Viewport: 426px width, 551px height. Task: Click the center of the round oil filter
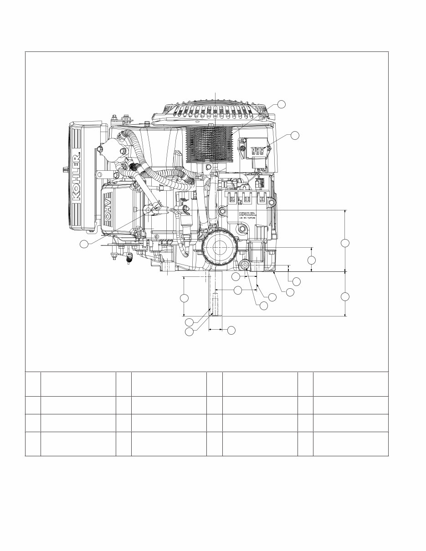pos(220,247)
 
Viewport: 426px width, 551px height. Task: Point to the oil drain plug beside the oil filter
pos(245,265)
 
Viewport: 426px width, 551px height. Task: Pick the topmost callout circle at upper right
pos(282,104)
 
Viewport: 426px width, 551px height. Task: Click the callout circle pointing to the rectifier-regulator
pos(295,135)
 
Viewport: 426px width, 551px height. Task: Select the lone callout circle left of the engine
pos(84,244)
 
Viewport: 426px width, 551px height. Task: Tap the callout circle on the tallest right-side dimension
pos(345,243)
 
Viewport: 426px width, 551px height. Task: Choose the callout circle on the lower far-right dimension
pos(345,297)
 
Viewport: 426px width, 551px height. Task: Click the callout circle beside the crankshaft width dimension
pos(231,329)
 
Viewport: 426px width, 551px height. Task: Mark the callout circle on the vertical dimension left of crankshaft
pos(184,298)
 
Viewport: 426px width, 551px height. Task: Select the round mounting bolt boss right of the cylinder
pos(272,202)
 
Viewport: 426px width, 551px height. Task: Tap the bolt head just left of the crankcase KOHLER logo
pos(223,210)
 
